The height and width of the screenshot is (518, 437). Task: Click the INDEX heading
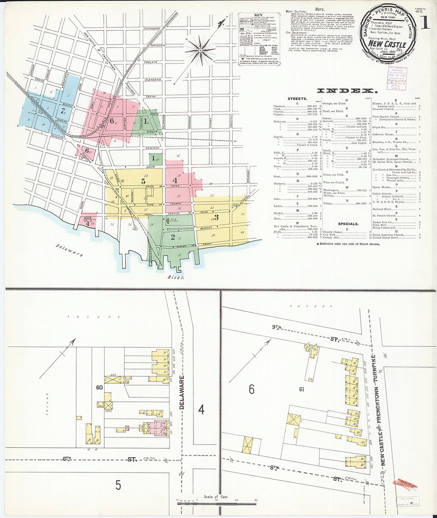345,91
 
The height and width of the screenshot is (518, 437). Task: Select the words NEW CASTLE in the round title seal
387,44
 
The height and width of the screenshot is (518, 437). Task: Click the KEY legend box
258,39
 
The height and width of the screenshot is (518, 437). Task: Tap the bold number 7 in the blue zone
62,111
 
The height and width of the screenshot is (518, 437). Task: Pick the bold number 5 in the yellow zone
143,181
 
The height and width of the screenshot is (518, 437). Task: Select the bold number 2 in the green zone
172,237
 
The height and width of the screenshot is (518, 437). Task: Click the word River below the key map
176,277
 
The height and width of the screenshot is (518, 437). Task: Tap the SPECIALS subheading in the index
348,224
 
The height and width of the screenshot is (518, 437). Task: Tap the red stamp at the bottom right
405,483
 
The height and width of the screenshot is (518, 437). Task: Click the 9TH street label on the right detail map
277,327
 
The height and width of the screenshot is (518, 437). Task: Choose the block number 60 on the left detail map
99,387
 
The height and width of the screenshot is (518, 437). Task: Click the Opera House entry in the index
381,187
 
